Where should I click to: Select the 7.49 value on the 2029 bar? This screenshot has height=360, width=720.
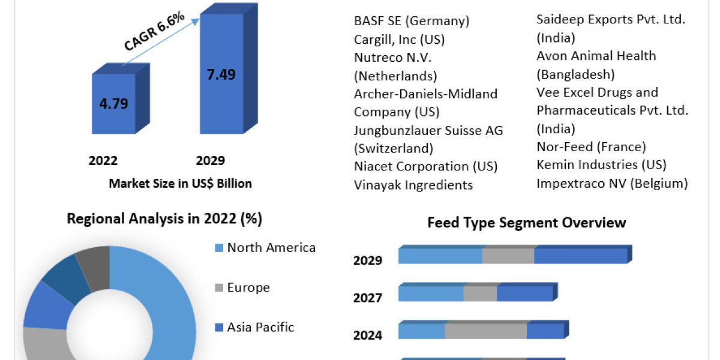(x=221, y=74)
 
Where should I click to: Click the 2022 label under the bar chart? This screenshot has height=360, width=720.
(x=103, y=161)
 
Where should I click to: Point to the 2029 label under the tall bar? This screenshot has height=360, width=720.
(x=211, y=161)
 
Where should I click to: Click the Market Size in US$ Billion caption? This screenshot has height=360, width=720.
(x=180, y=184)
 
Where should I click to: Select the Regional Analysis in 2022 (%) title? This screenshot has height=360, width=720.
(x=164, y=219)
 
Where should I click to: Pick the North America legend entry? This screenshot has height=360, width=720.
(x=271, y=248)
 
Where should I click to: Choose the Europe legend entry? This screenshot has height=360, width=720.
(x=248, y=287)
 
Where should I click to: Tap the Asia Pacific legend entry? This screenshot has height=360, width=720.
(x=260, y=327)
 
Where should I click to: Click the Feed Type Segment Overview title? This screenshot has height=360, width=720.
(x=526, y=223)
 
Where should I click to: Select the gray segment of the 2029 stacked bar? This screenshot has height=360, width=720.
(x=508, y=256)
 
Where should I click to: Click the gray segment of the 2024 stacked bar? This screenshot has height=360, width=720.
(x=485, y=331)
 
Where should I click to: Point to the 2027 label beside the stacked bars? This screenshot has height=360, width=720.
(x=367, y=298)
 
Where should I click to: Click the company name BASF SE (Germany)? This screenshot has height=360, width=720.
(x=412, y=21)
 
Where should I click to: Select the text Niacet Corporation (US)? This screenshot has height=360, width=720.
(x=425, y=166)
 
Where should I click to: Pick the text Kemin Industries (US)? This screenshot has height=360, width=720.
(x=601, y=164)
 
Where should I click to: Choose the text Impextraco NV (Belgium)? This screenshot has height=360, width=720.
(x=612, y=183)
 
